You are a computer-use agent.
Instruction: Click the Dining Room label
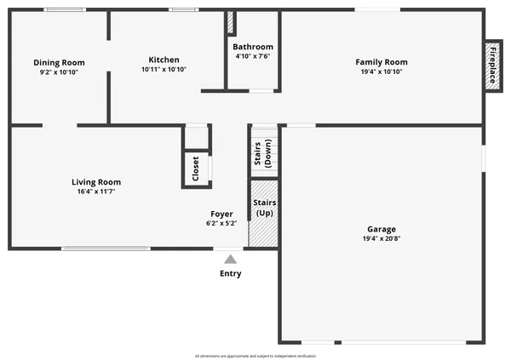[x=58, y=62]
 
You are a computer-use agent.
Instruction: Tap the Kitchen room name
[x=164, y=60]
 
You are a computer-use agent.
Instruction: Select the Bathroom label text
[x=253, y=47]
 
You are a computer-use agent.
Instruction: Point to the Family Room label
[x=382, y=62]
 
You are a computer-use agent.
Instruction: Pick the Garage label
[x=382, y=229]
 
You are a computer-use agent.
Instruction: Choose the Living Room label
[x=95, y=182]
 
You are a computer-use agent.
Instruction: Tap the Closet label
[x=196, y=168]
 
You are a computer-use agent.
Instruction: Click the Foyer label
[x=222, y=214]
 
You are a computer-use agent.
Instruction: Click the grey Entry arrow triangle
[x=230, y=259]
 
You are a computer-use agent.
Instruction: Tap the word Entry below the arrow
[x=230, y=274]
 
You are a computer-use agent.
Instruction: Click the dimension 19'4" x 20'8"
[x=382, y=239]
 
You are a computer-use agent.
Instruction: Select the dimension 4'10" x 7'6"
[x=253, y=57]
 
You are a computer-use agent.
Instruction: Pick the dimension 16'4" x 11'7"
[x=95, y=192]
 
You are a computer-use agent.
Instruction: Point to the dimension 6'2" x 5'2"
[x=222, y=224]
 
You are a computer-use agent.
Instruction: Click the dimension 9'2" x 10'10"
[x=58, y=72]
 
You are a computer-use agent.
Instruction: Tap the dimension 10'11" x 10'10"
[x=164, y=70]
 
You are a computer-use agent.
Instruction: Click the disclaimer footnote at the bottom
[x=255, y=355]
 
